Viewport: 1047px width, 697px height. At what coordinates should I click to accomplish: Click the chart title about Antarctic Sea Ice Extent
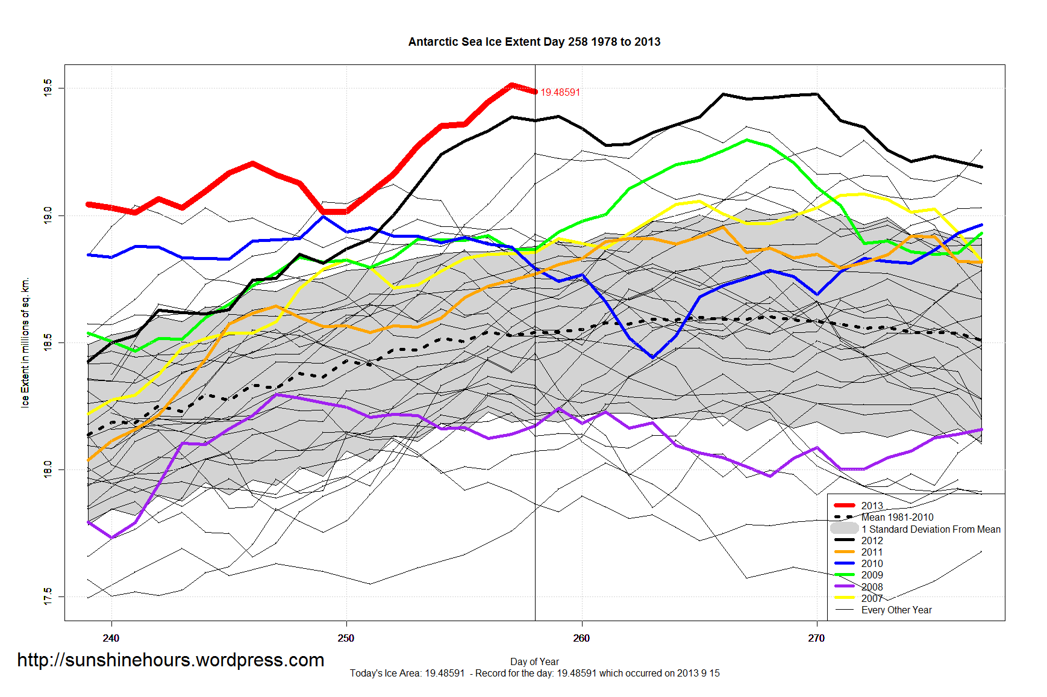[x=534, y=42]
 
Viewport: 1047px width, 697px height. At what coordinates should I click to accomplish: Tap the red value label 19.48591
[x=560, y=92]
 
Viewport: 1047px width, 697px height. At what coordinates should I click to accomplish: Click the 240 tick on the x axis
[x=111, y=638]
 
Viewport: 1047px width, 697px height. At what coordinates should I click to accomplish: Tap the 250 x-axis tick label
[x=346, y=638]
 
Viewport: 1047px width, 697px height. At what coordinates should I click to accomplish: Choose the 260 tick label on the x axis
[x=581, y=638]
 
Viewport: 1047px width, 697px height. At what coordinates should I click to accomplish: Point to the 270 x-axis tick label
[x=816, y=638]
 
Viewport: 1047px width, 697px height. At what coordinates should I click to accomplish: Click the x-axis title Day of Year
[x=534, y=661]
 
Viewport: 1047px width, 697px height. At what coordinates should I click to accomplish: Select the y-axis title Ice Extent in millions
[x=25, y=342]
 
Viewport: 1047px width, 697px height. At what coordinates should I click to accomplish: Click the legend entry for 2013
[x=872, y=506]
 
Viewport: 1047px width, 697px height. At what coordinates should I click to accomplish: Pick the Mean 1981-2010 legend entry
[x=897, y=517]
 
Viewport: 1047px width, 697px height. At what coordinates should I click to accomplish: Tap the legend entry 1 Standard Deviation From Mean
[x=931, y=529]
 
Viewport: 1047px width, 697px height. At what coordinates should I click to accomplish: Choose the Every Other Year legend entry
[x=896, y=610]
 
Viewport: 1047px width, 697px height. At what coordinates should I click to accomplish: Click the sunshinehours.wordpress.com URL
[x=170, y=660]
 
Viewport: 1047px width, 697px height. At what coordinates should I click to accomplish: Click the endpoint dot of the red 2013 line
[x=535, y=91]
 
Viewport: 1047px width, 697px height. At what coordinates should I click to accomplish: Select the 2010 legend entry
[x=872, y=563]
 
